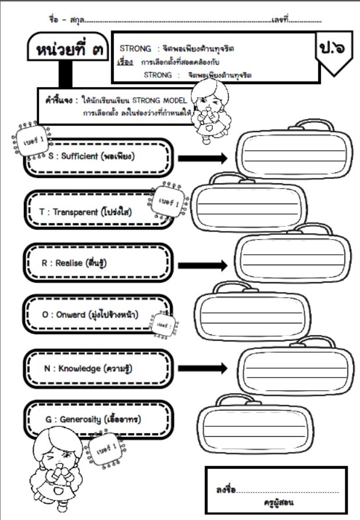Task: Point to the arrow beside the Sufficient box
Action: [x=202, y=158]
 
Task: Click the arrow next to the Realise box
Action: [x=202, y=265]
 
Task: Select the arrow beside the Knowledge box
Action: [x=202, y=368]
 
